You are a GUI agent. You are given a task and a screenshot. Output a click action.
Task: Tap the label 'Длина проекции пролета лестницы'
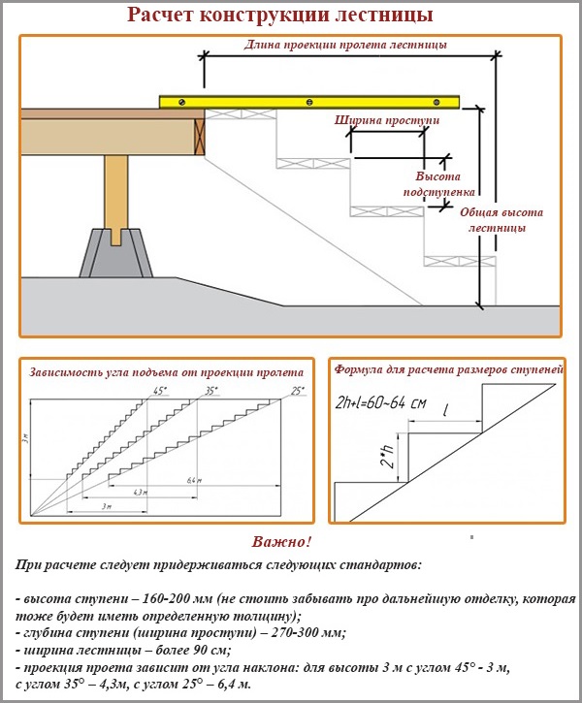tap(345, 45)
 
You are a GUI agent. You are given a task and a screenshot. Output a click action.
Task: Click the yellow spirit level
tap(310, 101)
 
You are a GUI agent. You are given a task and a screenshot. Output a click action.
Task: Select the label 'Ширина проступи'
tap(387, 121)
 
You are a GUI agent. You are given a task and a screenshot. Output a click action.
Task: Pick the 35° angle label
tap(211, 391)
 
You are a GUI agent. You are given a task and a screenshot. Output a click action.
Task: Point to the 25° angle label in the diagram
tap(297, 391)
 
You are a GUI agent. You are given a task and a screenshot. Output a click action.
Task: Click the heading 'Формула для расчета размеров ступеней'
tap(448, 370)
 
